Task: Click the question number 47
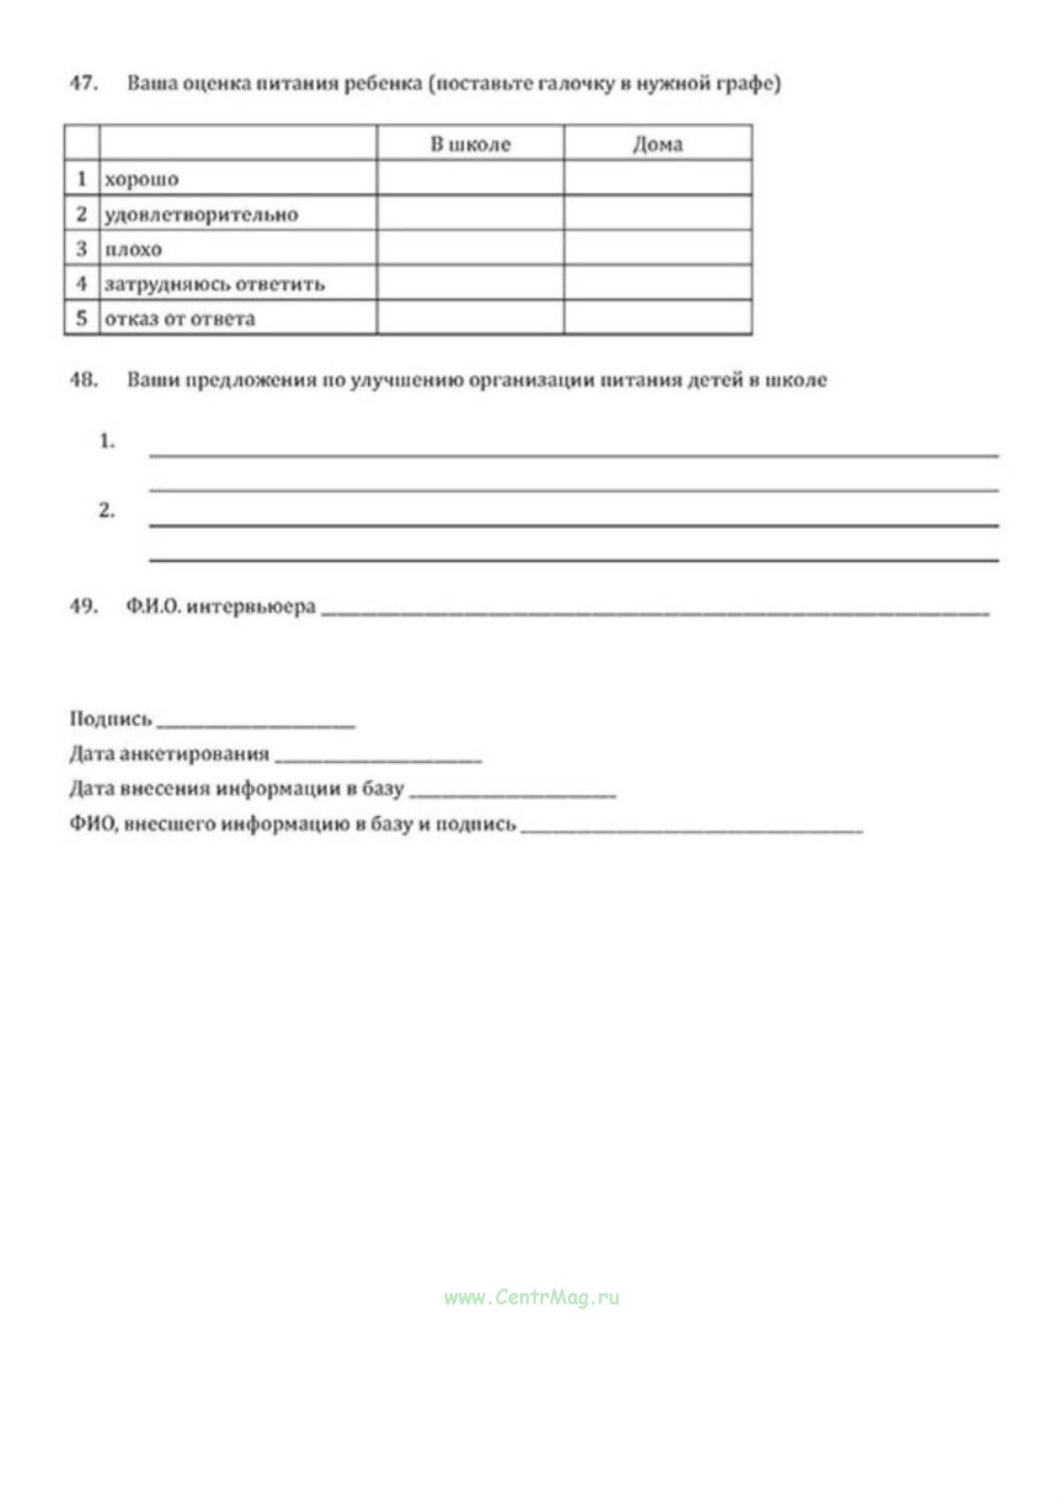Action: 83,83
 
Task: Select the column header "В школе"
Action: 470,144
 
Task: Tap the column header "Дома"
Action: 658,144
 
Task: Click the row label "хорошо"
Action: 142,179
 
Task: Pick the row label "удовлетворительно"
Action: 201,215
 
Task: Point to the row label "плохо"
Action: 133,249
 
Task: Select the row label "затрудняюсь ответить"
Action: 215,284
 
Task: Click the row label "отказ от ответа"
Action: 180,319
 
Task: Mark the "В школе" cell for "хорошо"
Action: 470,178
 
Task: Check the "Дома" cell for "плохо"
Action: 658,248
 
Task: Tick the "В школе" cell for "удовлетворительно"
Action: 470,214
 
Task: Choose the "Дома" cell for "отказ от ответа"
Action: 658,318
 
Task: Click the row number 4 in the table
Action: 82,283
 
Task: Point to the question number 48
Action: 83,380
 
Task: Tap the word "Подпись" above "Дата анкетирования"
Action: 111,719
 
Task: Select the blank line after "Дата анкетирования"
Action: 378,757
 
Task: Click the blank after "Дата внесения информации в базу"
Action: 512,792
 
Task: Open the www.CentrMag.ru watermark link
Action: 532,1297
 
